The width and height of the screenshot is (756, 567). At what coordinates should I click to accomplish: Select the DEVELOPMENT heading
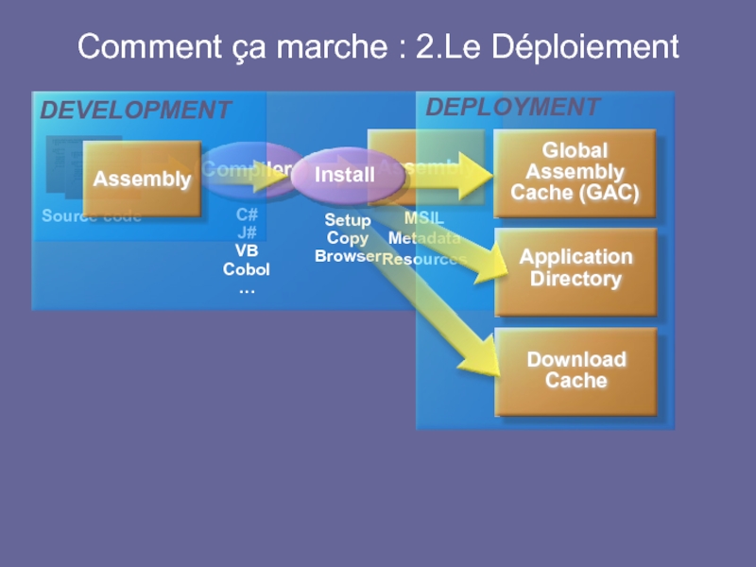coord(135,111)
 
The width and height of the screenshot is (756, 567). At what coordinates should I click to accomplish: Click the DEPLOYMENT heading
coord(512,107)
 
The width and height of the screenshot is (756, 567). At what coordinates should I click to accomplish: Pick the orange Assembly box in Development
coord(142,179)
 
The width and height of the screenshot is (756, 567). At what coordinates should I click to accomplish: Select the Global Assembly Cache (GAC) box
coord(575,172)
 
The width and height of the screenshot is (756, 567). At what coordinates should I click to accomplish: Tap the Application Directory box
coord(576,268)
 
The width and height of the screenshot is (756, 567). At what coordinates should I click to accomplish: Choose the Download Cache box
coord(576,370)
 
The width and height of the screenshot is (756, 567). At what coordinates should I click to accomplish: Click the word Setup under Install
coord(348,220)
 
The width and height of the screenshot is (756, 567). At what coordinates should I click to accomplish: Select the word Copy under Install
coord(347,238)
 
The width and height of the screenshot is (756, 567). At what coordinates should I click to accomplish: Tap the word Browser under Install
coord(348,256)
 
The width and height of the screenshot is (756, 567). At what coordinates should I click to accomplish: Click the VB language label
coord(247,250)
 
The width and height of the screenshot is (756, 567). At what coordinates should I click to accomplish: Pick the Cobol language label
coord(247,269)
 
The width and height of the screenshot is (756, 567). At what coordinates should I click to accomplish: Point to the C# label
coord(247,215)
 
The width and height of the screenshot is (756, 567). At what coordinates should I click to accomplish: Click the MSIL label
coord(424,219)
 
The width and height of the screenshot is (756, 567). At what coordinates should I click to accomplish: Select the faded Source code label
coord(91,216)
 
